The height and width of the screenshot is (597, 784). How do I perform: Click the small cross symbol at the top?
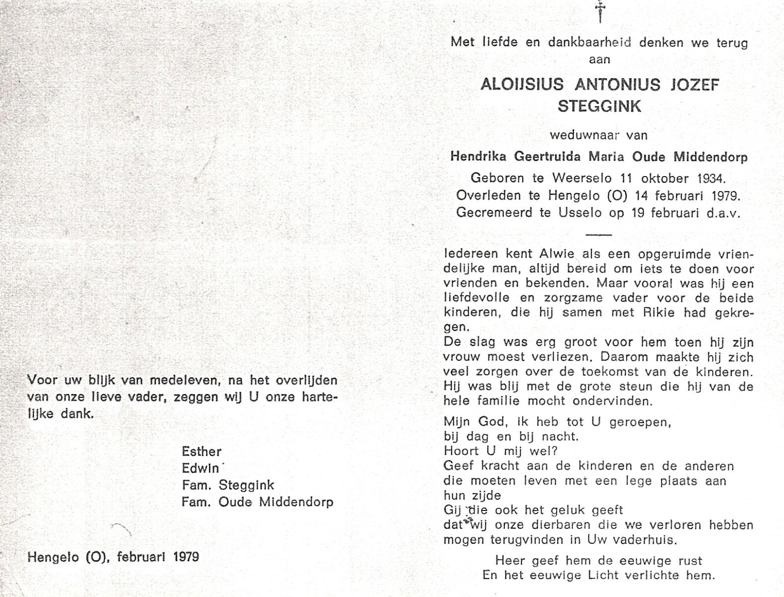point(600,11)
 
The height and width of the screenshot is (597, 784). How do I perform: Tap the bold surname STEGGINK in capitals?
point(599,106)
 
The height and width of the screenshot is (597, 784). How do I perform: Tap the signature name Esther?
point(201,452)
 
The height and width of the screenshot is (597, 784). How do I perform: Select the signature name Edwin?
point(200,469)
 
